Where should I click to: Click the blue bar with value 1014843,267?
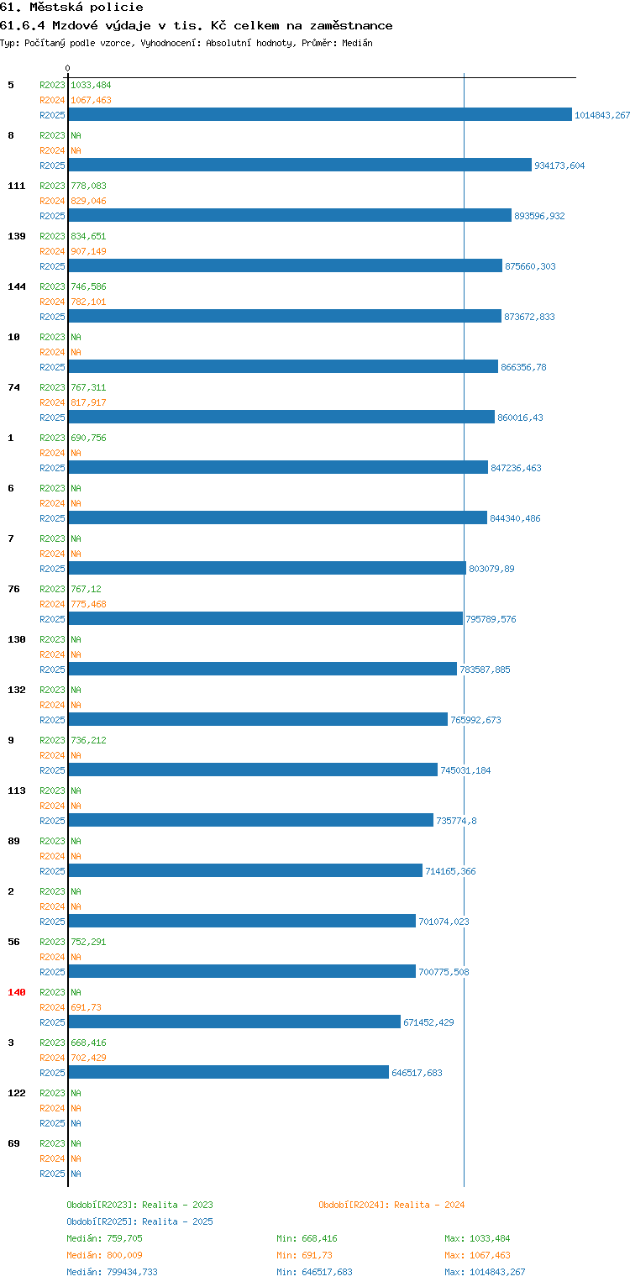click(x=320, y=114)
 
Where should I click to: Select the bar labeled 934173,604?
click(x=300, y=165)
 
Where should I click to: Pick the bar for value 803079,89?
click(x=267, y=568)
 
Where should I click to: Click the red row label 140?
click(x=17, y=992)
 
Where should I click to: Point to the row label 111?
click(x=17, y=186)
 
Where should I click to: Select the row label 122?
click(x=17, y=1093)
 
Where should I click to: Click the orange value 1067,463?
click(x=91, y=100)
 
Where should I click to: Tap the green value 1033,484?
click(x=91, y=85)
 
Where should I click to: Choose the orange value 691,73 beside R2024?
click(x=86, y=1007)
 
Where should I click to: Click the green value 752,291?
click(x=88, y=942)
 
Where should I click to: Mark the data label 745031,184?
click(x=465, y=770)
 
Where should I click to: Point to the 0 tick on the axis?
click(x=68, y=68)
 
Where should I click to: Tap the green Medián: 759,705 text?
click(x=104, y=1238)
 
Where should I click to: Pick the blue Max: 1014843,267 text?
click(x=485, y=1272)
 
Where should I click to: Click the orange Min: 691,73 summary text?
click(x=304, y=1255)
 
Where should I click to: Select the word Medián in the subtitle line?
click(x=357, y=43)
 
